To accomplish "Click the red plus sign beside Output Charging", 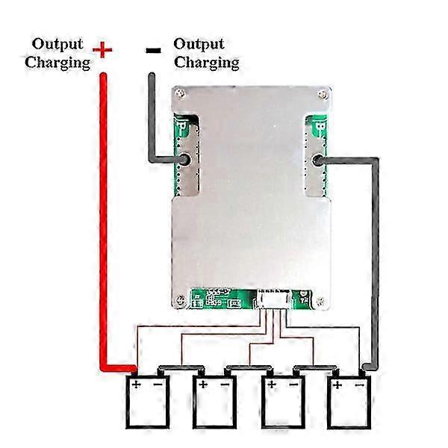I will [x=102, y=50].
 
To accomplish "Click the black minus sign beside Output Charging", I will [x=153, y=51].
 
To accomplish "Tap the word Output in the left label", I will [x=57, y=44].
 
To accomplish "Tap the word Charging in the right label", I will [x=207, y=63].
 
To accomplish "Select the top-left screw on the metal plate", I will [x=178, y=95].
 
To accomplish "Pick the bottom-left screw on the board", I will [x=179, y=302].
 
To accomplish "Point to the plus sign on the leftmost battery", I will [x=137, y=385].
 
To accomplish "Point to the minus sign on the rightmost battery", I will [x=359, y=385].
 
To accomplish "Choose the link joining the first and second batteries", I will [x=179, y=369].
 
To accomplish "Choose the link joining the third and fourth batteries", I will [x=314, y=369].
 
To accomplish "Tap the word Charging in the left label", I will [x=57, y=63].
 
